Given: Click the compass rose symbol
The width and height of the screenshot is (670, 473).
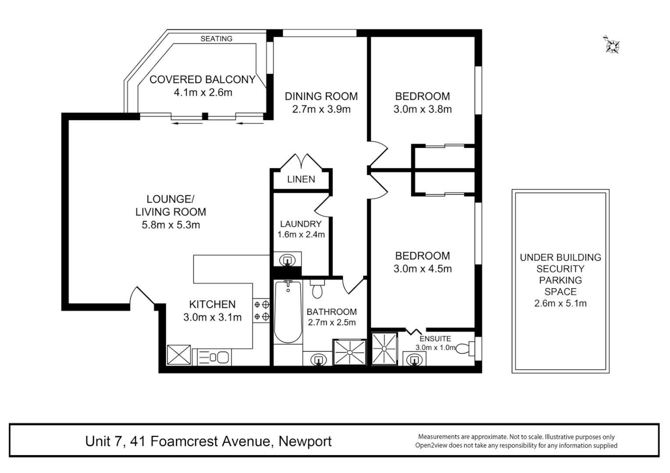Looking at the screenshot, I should (x=611, y=45).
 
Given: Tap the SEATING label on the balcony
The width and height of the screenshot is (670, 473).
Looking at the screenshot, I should (x=216, y=39).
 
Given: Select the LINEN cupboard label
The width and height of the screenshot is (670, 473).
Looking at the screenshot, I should (x=301, y=179).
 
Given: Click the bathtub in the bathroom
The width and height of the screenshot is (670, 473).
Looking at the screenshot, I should (x=288, y=312).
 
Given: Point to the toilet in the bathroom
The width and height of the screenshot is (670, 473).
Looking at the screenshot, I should (x=317, y=289).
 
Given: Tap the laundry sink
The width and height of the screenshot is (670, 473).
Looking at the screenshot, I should (x=287, y=259).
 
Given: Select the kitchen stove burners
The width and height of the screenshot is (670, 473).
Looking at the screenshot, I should (x=261, y=310).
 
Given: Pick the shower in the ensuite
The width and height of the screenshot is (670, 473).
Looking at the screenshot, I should (x=384, y=349).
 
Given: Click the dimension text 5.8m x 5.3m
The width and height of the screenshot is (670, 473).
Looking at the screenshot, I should (x=171, y=225).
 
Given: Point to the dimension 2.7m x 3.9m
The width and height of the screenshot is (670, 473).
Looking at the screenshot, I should (x=321, y=109).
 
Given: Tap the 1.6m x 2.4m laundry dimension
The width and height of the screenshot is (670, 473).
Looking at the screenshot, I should (x=301, y=235).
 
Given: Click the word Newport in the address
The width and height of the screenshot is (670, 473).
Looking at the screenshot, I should (x=305, y=441).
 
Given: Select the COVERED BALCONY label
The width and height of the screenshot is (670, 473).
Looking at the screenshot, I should (x=202, y=79).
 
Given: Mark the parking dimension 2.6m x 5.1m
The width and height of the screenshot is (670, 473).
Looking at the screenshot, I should (x=560, y=303).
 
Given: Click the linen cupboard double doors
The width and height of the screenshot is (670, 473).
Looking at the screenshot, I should (x=301, y=161).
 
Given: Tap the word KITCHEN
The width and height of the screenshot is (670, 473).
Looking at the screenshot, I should (x=212, y=304).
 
